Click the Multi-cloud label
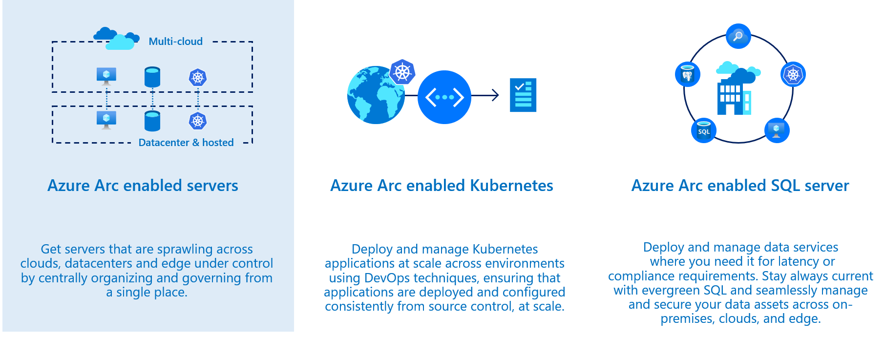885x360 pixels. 175,42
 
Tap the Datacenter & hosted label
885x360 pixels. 186,143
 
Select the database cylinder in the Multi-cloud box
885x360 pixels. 152,77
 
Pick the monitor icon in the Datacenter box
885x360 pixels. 106,120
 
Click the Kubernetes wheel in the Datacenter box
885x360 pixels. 198,121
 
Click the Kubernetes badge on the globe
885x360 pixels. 402,72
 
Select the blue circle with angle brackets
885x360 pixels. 444,97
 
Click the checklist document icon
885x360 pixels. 523,95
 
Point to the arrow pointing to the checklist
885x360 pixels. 486,95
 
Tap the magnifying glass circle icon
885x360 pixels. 738,36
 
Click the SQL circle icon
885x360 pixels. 704,130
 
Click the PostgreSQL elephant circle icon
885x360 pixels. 688,74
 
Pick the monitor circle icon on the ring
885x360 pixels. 777,130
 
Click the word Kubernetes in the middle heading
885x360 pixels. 511,186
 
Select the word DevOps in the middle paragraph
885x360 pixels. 387,278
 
